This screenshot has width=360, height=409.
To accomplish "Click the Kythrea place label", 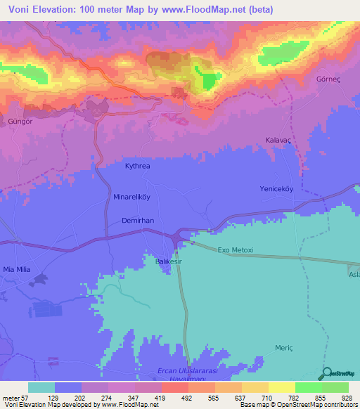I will tap(138, 167).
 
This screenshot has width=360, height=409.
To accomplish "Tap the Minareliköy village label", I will tap(132, 198).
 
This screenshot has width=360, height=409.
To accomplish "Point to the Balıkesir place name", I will tap(169, 261).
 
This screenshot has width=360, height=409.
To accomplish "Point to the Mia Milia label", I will tap(19, 268).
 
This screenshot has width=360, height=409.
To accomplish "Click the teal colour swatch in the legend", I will tap(41, 387).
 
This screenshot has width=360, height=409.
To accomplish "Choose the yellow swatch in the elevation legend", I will tap(282, 387).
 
